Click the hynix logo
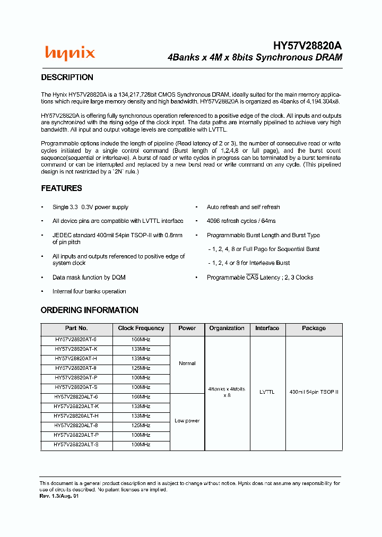70,53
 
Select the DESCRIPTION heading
67,77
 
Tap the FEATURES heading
62,188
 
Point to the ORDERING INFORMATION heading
89,310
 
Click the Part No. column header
76,328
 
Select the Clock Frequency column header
141,328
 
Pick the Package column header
314,328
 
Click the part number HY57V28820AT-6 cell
76,340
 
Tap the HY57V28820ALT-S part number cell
76,445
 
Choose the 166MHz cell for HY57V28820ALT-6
141,397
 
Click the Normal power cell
187,363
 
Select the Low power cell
187,421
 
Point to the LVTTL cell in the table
267,392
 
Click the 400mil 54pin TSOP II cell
314,392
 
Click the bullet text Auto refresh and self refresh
243,207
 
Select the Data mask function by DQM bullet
89,278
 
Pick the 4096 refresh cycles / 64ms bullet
241,221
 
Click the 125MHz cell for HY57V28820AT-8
141,368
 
